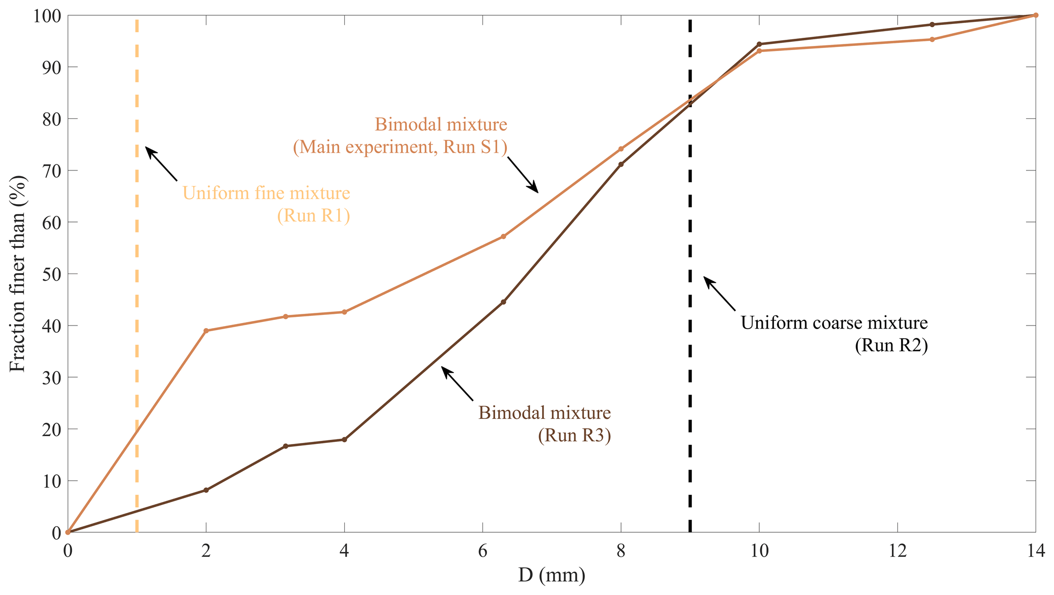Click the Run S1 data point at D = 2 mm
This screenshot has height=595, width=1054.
coord(206,331)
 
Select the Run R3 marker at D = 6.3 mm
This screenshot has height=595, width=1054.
coord(503,302)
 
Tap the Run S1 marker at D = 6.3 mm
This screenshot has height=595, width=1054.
coord(503,236)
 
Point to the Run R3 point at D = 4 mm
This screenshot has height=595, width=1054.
coord(344,439)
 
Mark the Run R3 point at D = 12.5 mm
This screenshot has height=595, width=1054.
coord(932,24)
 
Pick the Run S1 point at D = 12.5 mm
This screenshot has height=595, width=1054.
coord(932,39)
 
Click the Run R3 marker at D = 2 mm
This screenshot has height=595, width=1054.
coord(206,490)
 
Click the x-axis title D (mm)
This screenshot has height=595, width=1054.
coord(552,576)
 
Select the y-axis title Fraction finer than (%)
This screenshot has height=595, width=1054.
coord(17,274)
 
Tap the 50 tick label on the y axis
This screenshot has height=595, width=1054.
coord(51,274)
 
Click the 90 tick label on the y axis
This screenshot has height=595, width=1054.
coord(51,67)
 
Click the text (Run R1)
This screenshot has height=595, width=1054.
coord(314,216)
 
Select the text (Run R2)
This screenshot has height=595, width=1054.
coord(891,345)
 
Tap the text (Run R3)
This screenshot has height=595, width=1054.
coord(574,435)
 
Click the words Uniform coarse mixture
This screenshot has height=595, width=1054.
coord(834,323)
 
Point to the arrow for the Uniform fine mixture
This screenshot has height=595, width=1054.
coord(161,164)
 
